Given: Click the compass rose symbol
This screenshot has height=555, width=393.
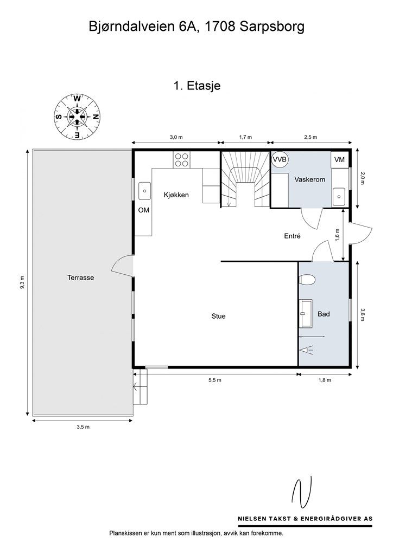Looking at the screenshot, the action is click(x=77, y=117).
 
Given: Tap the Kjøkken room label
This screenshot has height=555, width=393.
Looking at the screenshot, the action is click(x=176, y=195).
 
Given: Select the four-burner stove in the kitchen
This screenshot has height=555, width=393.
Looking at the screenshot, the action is click(x=182, y=159).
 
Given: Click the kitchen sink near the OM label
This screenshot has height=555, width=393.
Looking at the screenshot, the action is click(x=144, y=191).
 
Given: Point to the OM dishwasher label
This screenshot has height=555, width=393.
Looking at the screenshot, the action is click(x=143, y=210).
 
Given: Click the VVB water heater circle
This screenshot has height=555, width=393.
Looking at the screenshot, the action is click(x=280, y=160).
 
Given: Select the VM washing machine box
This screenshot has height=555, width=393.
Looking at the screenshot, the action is click(x=339, y=160).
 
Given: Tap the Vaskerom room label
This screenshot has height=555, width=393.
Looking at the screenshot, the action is click(x=310, y=179).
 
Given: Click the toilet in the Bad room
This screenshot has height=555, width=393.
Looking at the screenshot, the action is click(x=307, y=280).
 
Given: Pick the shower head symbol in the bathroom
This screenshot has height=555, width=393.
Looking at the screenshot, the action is click(x=307, y=351).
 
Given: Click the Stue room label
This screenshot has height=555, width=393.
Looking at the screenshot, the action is click(x=218, y=316).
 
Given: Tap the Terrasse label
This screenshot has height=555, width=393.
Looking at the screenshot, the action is click(x=81, y=277).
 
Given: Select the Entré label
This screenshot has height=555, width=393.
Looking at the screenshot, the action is click(x=293, y=236).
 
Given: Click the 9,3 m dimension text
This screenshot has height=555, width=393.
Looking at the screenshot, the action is click(x=22, y=282).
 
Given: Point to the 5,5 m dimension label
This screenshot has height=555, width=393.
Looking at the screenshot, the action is click(x=215, y=380).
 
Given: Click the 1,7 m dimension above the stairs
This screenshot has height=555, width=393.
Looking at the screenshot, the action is click(x=245, y=137).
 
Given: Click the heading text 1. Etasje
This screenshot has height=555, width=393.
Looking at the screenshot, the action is click(x=197, y=86).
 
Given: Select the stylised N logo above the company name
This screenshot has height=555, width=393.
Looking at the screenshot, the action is click(x=302, y=492).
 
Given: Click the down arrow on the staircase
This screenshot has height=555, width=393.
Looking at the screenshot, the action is click(x=229, y=202).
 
